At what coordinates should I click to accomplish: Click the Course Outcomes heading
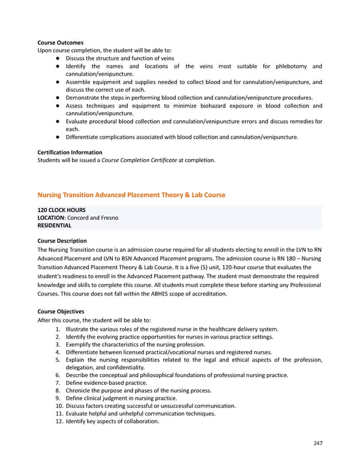point(61,43)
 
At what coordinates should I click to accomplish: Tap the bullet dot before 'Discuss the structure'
point(55,58)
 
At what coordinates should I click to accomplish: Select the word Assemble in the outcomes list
point(79,82)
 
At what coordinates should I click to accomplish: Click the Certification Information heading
point(70,153)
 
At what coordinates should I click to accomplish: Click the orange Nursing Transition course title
point(131,195)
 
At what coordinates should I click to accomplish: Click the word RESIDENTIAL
point(54,226)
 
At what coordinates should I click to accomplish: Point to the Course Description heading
point(62,241)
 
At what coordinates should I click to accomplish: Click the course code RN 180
point(292,258)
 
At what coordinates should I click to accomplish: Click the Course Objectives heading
point(61,312)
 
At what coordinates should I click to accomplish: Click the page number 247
point(317,443)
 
